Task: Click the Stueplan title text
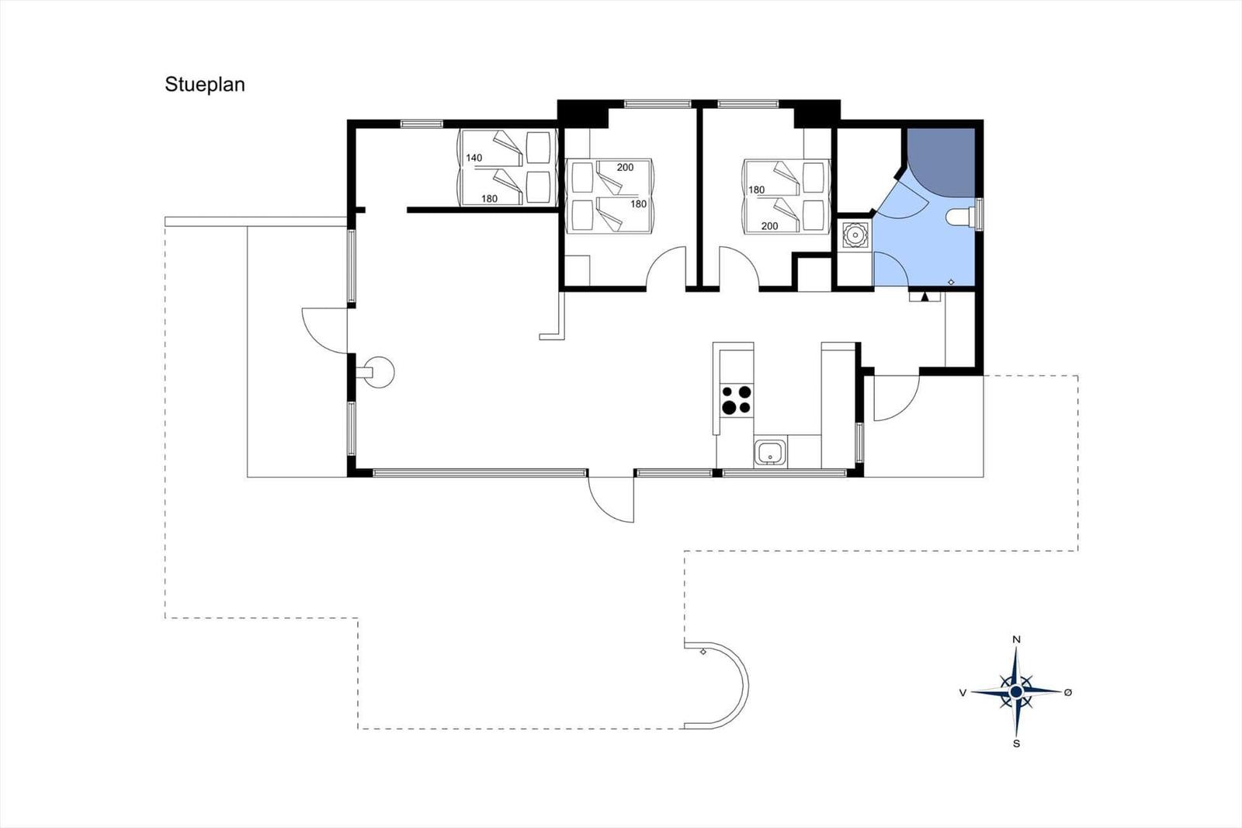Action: point(205,85)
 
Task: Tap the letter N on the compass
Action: point(1016,640)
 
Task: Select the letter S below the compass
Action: point(1016,743)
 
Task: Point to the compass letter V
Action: point(963,693)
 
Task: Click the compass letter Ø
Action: point(1068,692)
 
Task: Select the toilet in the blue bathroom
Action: point(962,217)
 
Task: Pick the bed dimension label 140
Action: point(474,158)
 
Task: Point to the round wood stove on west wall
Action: point(378,372)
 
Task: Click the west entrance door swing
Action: point(324,330)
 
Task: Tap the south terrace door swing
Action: point(611,499)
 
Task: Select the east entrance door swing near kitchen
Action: point(897,398)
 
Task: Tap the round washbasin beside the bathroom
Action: point(855,236)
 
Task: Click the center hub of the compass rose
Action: point(1016,692)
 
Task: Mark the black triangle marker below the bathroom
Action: point(925,297)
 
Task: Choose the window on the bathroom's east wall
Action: point(980,214)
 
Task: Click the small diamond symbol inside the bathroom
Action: point(952,282)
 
